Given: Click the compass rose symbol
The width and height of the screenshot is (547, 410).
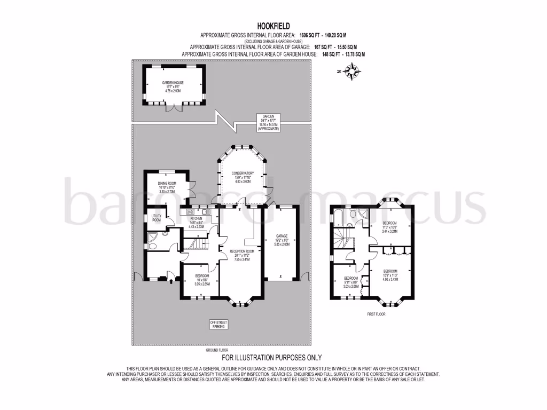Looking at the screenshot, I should coord(353,71).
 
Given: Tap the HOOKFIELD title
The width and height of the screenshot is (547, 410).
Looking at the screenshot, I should coord(273,25).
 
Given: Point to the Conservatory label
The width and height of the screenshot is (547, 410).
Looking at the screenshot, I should coord(243,177).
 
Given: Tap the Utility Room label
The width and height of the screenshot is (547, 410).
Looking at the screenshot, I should coord(157,218).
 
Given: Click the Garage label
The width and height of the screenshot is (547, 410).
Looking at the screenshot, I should coord(282,239).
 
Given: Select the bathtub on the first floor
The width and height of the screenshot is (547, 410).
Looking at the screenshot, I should coord(338,216).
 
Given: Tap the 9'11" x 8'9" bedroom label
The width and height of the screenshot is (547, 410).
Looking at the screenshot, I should coord(350,282).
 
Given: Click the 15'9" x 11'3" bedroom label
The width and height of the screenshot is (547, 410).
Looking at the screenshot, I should coord(390,275).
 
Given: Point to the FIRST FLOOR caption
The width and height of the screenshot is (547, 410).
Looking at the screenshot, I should coord(376,314).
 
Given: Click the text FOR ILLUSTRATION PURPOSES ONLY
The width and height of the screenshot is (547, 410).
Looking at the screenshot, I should coord(271,358).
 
